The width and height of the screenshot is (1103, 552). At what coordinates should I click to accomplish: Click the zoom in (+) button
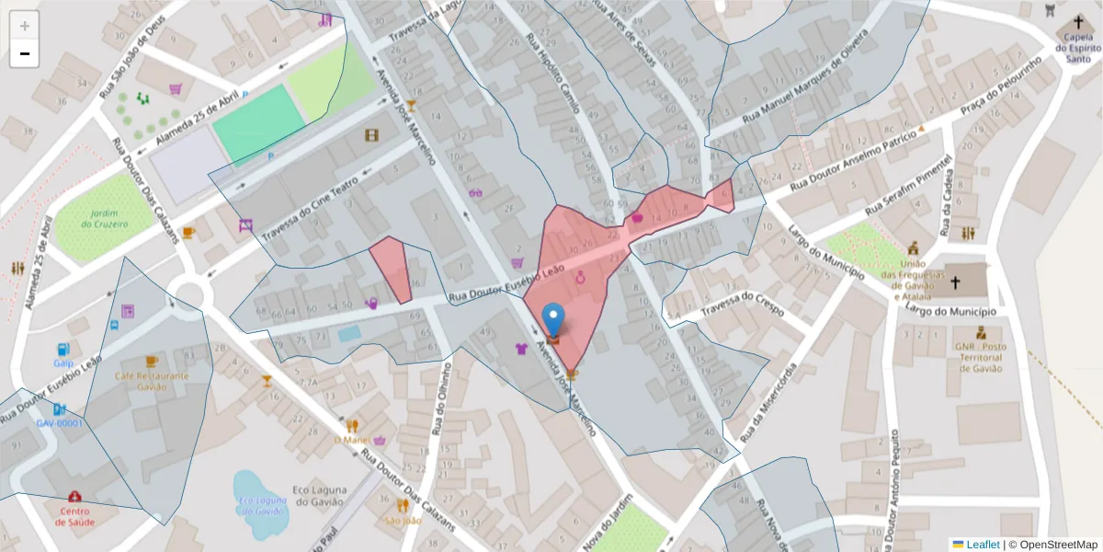(24, 26)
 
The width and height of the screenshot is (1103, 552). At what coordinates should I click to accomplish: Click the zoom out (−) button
(24, 53)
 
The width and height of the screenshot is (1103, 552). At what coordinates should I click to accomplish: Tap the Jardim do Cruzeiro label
(103, 218)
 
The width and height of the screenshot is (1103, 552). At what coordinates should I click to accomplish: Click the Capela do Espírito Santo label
(1077, 48)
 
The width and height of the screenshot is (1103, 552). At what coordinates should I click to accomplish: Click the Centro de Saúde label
(74, 516)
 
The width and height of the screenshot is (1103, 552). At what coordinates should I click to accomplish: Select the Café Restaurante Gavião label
(152, 381)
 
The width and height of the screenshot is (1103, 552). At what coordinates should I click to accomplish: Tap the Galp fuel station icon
(63, 350)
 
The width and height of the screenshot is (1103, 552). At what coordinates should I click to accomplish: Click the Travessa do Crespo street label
(741, 305)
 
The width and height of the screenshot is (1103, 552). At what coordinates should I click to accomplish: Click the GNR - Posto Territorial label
(981, 357)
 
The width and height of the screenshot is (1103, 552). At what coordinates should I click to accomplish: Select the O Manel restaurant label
(351, 440)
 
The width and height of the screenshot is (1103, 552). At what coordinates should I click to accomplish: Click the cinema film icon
(371, 136)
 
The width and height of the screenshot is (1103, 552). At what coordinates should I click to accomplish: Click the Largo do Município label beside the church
(956, 312)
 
